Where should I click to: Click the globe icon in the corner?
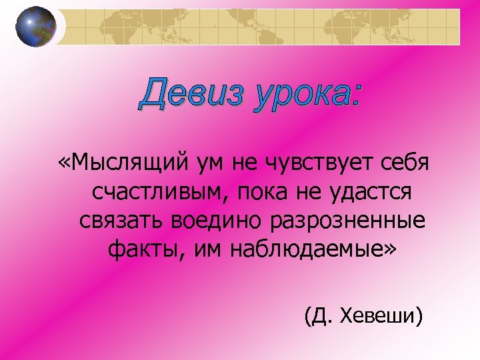(36, 26)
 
